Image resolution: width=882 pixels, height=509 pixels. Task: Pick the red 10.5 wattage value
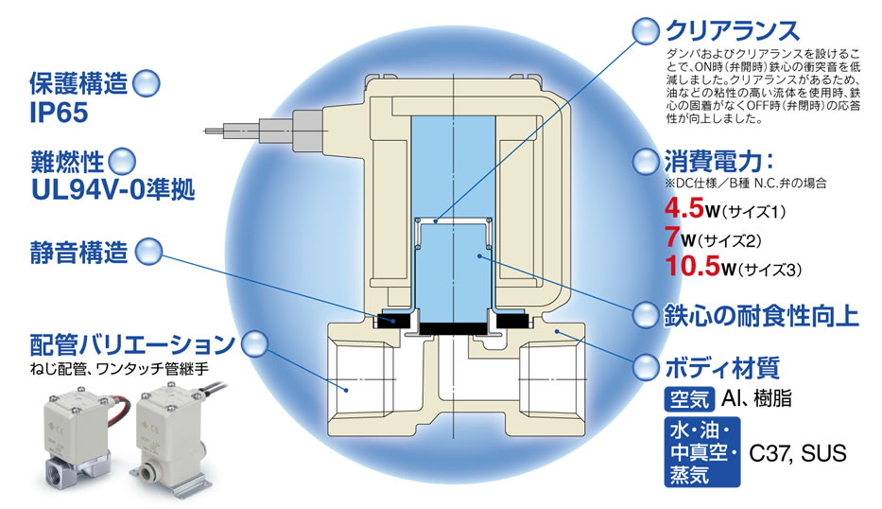696,268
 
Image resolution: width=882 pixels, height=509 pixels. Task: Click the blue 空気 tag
688,398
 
